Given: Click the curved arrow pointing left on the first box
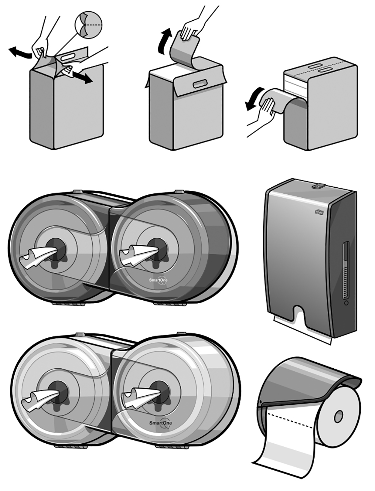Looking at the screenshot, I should pyautogui.click(x=19, y=53).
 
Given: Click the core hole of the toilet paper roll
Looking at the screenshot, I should pyautogui.click(x=338, y=416).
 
